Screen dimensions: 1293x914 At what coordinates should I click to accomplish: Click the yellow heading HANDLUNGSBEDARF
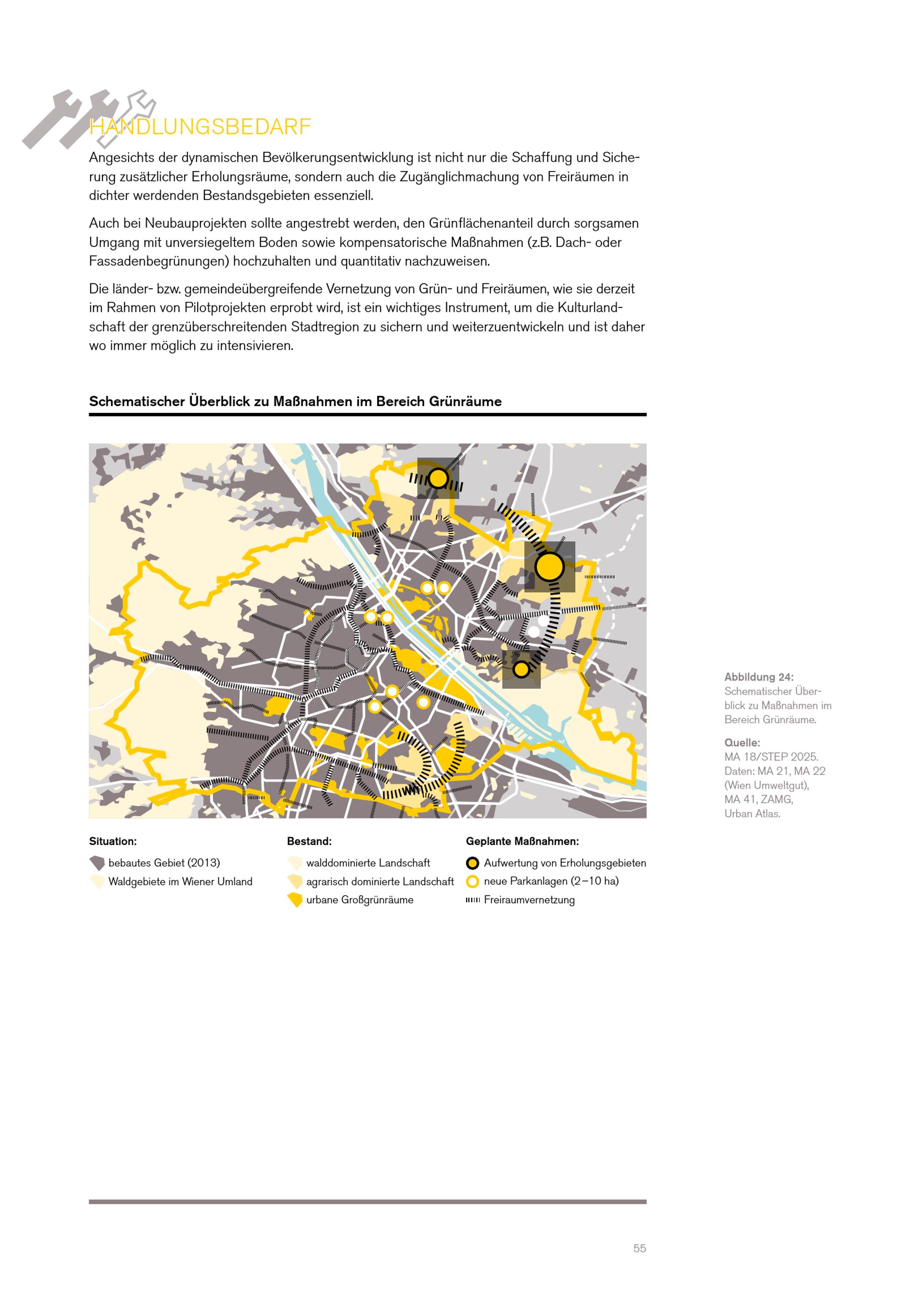coord(200,127)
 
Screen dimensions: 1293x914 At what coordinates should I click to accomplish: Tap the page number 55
coord(639,1248)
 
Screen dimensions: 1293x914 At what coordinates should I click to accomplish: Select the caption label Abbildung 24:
coord(759,677)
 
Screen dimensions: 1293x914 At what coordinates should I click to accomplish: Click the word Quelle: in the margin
coord(742,742)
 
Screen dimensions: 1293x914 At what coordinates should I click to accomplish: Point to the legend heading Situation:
coord(112,841)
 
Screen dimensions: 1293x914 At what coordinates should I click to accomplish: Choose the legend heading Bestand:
coord(309,841)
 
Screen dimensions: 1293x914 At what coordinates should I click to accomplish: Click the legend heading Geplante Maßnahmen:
coord(522,841)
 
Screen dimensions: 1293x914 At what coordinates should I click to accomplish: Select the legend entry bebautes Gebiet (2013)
coord(164,863)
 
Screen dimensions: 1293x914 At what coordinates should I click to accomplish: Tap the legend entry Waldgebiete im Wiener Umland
coord(180,882)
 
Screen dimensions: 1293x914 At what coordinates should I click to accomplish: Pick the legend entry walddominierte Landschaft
coord(367,863)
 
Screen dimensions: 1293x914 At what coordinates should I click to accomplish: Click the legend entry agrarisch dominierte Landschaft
coord(379,882)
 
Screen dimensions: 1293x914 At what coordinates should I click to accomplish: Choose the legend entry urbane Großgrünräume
coord(359,900)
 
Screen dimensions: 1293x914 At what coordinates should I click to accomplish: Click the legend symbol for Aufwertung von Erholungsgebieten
coord(473,863)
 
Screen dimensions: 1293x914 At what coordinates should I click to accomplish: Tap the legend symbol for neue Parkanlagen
coord(473,882)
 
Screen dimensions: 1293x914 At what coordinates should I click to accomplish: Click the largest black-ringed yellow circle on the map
coord(549,566)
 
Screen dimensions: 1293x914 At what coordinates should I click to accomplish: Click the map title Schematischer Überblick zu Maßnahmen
coord(295,401)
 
